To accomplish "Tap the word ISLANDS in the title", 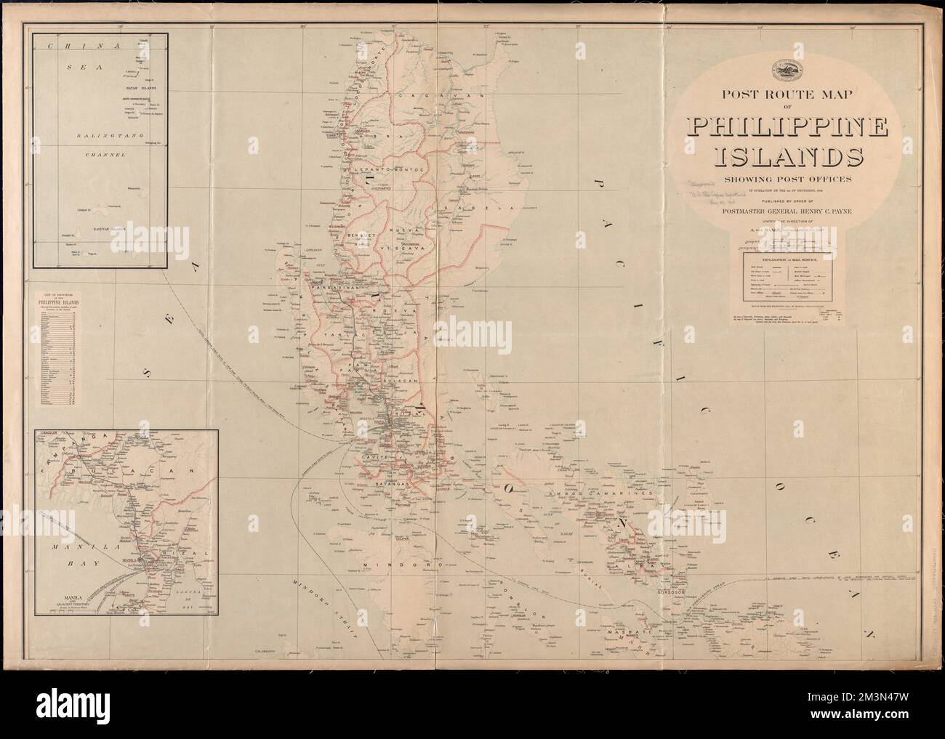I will [x=789, y=157].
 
